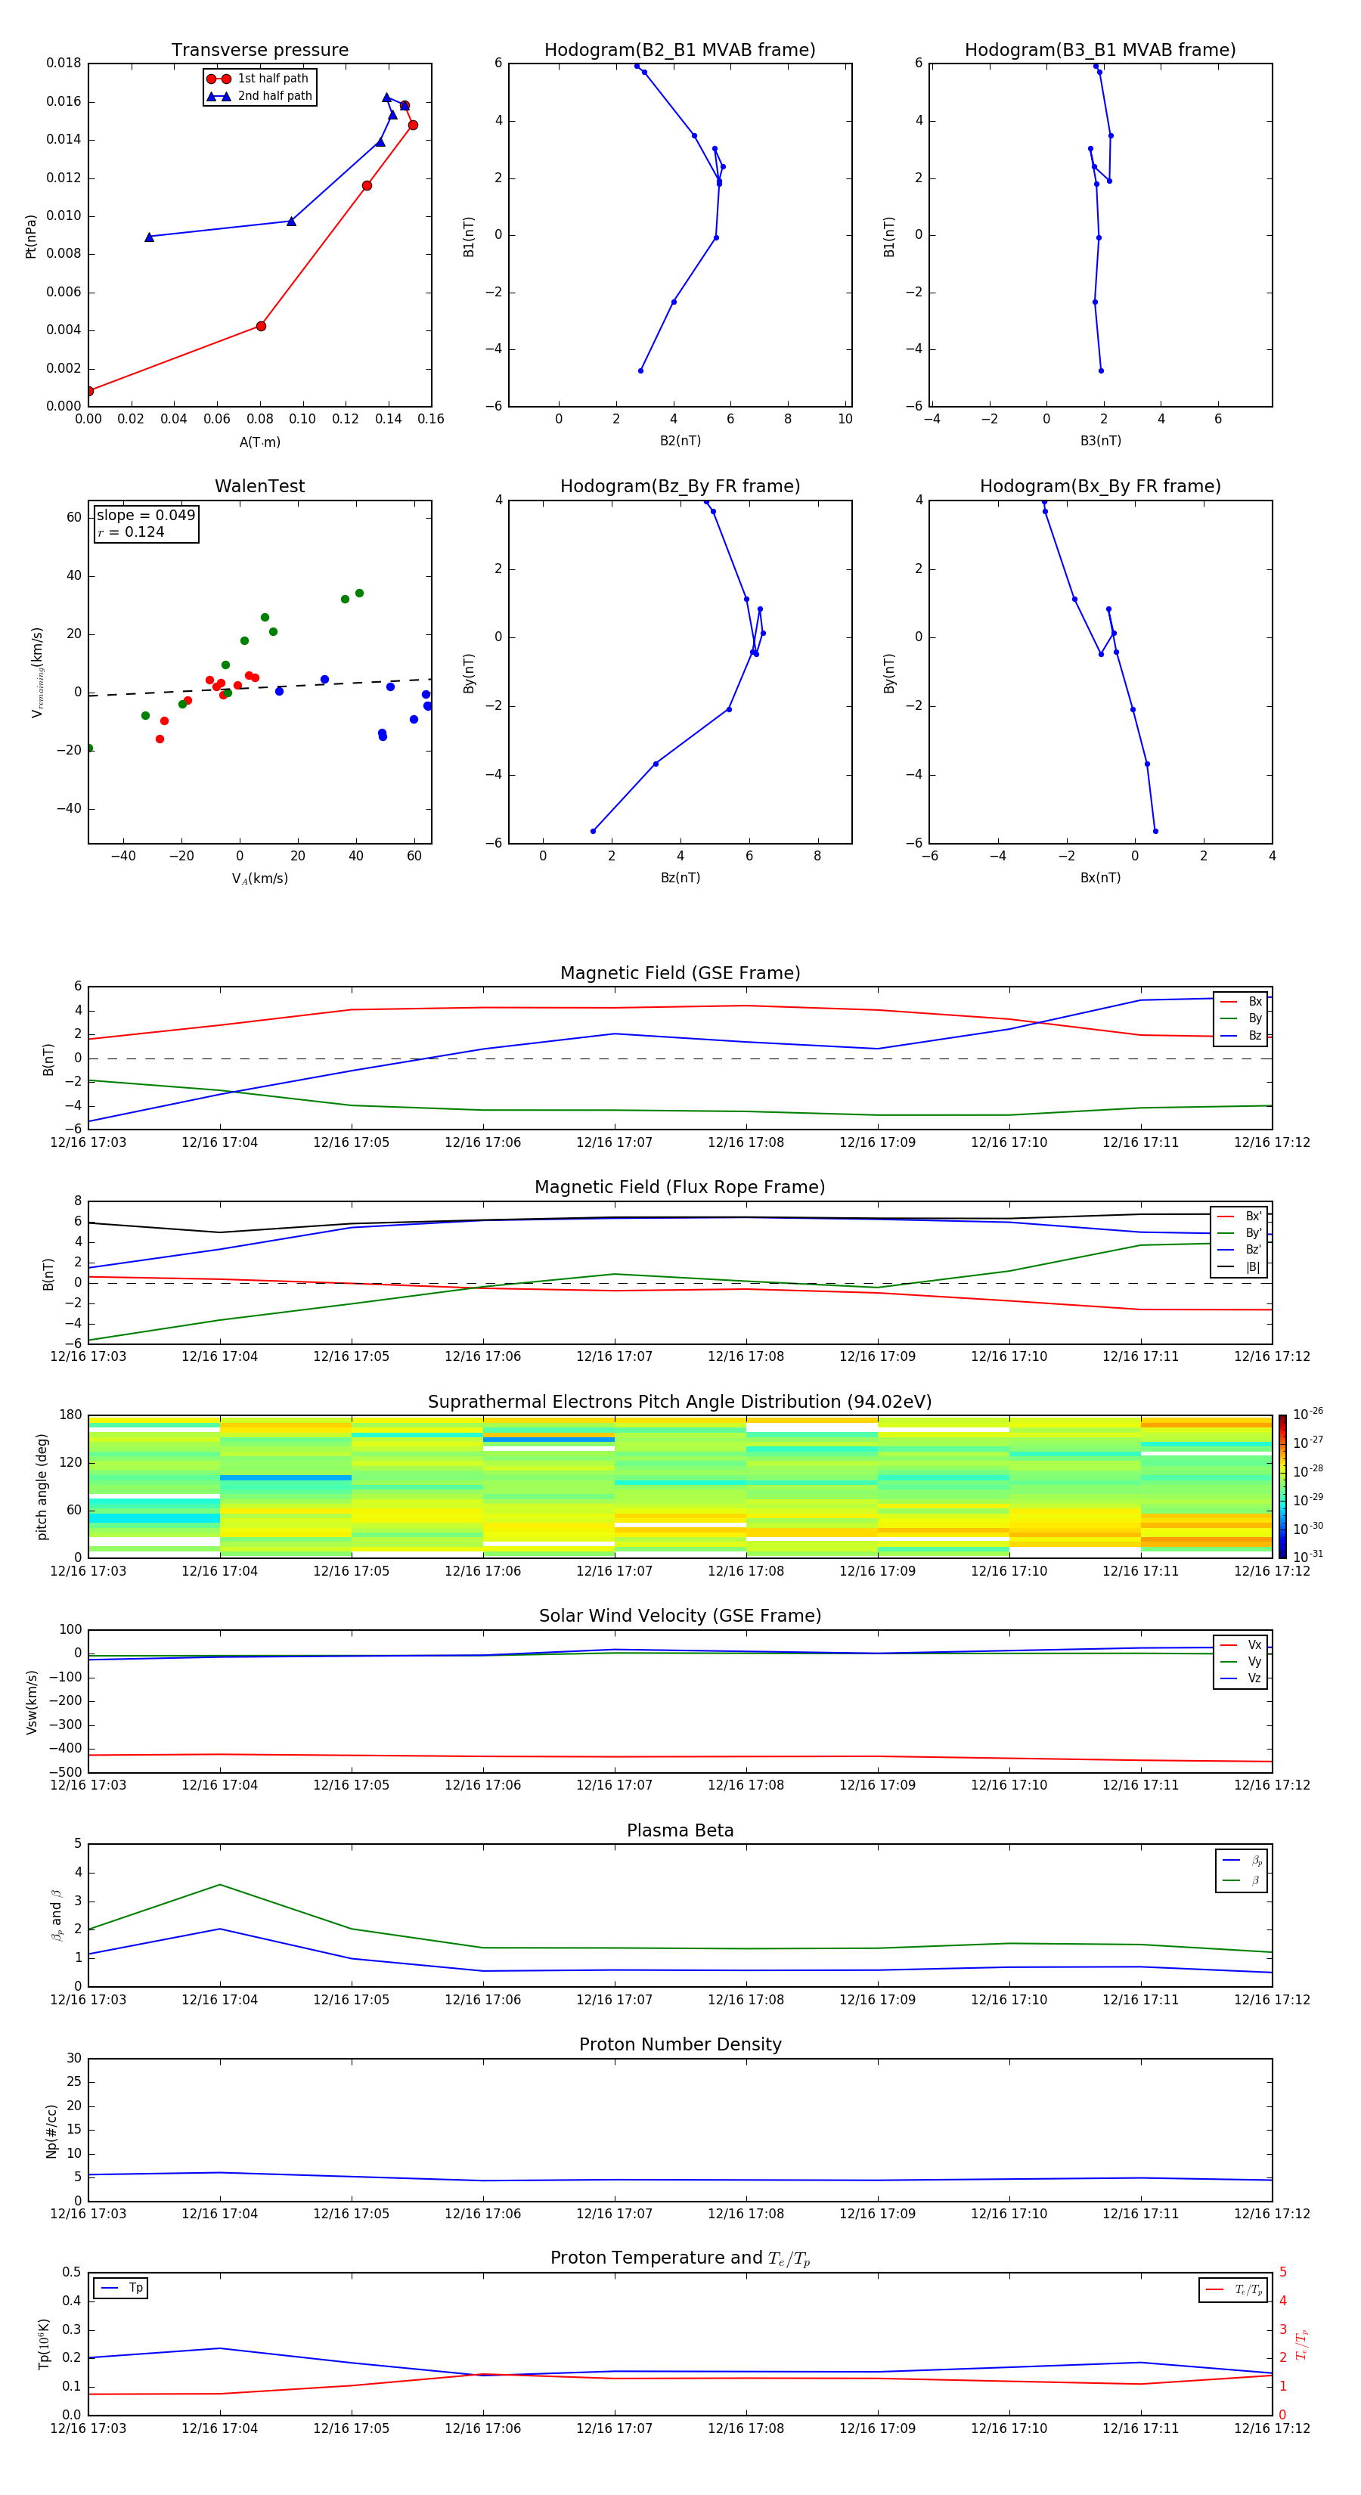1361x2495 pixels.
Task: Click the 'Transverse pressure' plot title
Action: point(259,51)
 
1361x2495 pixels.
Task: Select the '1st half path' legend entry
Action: point(272,79)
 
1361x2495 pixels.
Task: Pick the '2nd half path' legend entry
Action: point(274,96)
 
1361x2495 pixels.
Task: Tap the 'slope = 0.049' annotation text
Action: point(145,516)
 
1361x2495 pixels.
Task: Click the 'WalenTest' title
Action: point(259,486)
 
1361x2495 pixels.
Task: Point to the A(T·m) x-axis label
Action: point(259,442)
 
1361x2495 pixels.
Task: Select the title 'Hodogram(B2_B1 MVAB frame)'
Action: point(679,51)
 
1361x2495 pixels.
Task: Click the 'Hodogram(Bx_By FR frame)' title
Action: point(1099,486)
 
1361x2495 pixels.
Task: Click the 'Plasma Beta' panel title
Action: point(680,1830)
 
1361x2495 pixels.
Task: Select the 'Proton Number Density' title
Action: point(680,2044)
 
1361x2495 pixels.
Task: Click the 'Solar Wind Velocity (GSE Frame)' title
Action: point(680,1616)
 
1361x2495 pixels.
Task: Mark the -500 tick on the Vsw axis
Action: point(66,1772)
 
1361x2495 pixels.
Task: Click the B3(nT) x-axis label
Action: point(1100,441)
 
